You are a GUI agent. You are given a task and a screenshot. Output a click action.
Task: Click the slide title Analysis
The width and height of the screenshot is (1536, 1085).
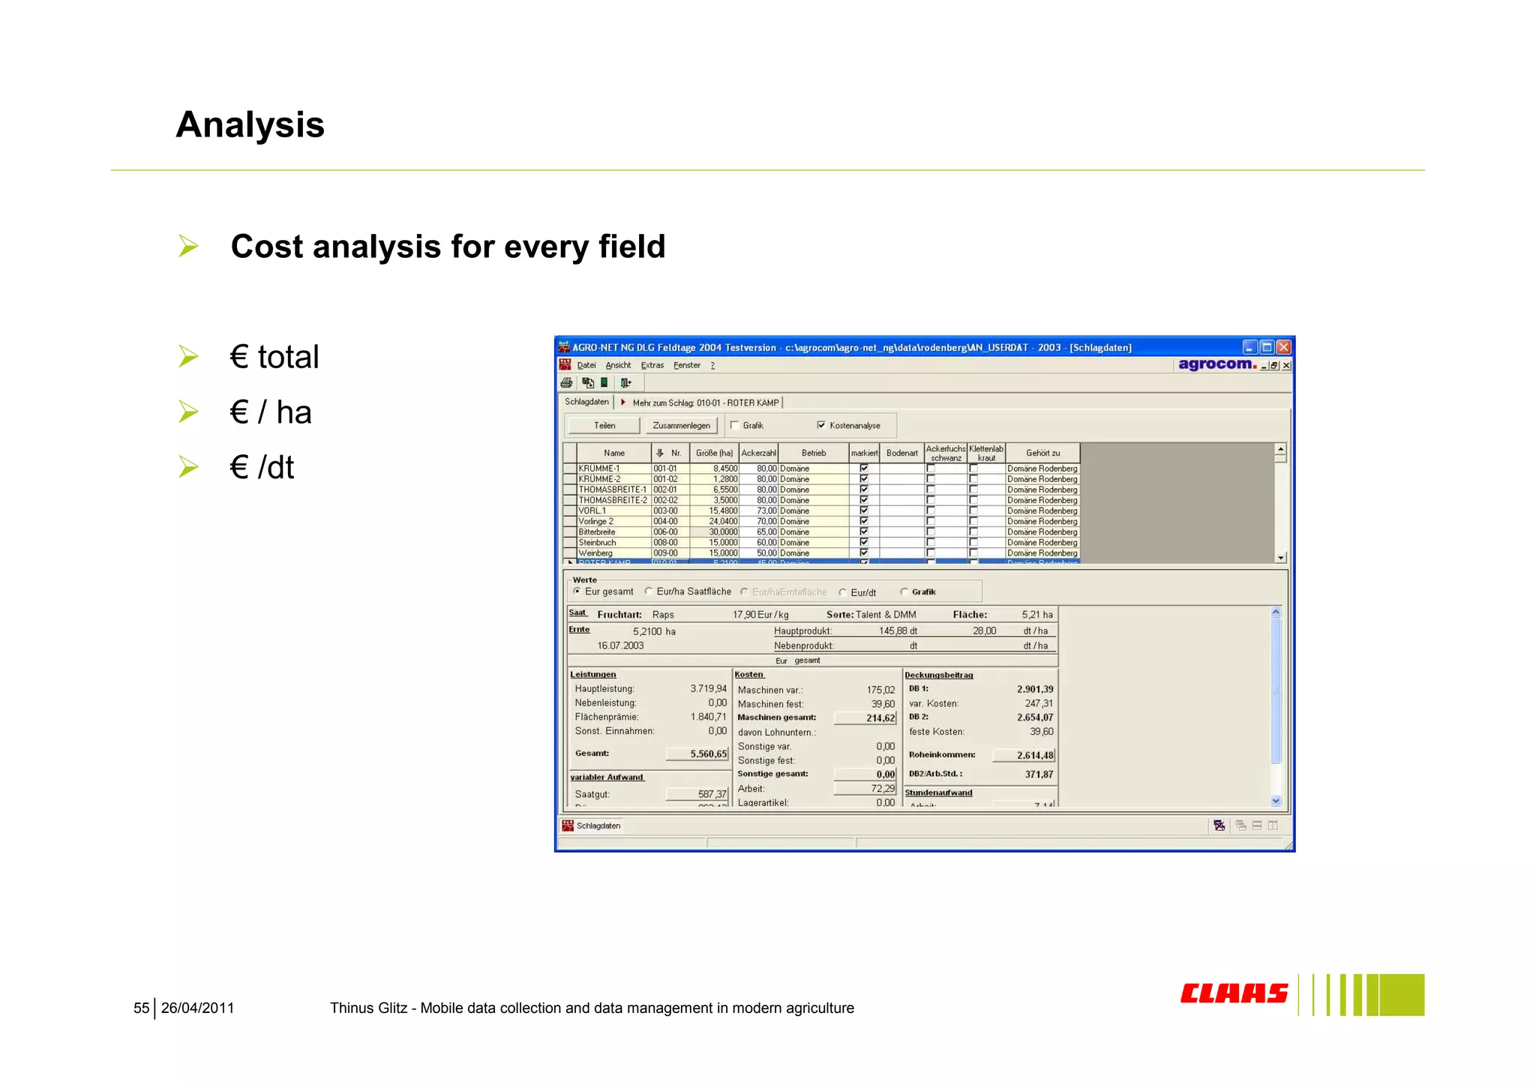250,124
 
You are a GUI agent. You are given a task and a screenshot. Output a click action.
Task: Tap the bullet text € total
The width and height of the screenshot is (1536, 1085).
274,357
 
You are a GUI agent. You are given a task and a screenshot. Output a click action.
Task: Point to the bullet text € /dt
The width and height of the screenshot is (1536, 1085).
262,467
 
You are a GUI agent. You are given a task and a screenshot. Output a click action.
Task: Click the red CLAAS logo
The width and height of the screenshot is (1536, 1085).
1234,994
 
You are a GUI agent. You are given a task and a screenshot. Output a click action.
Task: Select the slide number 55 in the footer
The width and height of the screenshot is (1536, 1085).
141,1008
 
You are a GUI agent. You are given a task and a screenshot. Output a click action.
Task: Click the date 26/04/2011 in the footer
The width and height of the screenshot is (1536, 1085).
197,1008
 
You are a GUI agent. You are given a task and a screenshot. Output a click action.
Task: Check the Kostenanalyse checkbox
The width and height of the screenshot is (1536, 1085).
821,425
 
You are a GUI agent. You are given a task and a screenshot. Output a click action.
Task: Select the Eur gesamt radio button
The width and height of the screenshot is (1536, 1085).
577,592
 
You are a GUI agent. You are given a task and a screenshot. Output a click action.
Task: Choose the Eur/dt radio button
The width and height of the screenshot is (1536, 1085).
843,592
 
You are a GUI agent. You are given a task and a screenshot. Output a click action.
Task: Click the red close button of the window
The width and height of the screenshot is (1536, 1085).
1283,347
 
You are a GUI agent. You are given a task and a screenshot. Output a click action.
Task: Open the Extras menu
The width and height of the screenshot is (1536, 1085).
652,365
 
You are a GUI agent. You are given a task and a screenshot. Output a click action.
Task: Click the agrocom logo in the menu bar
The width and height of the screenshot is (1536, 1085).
1216,364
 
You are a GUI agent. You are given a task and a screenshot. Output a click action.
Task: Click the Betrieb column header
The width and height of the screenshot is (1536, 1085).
813,453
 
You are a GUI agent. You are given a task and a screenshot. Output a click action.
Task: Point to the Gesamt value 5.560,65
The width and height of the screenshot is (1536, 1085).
707,754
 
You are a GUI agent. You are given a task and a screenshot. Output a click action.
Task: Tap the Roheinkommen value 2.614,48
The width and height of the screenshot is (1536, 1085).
1034,755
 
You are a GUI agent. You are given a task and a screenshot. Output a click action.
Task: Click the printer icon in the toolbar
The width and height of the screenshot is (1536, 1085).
567,383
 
